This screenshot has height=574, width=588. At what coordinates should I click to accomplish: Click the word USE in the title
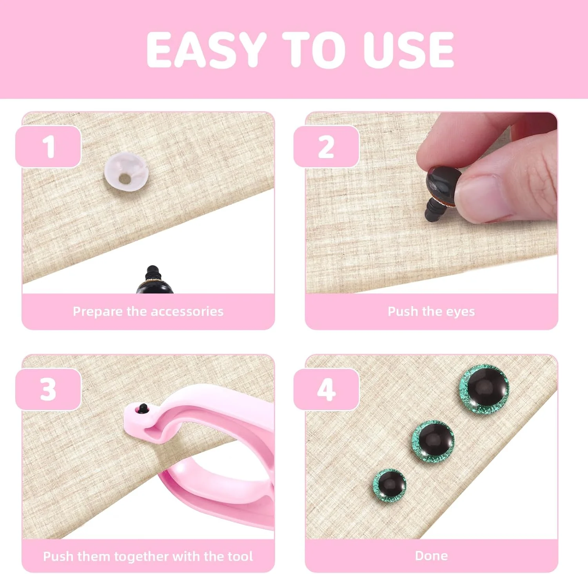[x=408, y=50]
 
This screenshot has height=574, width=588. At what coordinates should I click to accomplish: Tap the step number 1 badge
[x=48, y=147]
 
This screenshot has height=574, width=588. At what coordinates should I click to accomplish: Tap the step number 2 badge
[x=326, y=147]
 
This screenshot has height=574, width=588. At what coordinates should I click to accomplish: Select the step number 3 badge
[x=48, y=389]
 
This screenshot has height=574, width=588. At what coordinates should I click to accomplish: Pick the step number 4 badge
[x=326, y=389]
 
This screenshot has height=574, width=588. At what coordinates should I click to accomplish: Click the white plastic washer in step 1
[x=126, y=173]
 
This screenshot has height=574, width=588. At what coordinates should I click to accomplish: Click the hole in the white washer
[x=125, y=179]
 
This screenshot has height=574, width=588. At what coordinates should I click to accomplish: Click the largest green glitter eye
[x=484, y=389]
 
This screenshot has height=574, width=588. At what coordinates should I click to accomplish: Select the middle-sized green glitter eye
[x=433, y=441]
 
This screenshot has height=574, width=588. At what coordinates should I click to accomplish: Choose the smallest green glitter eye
[x=389, y=485]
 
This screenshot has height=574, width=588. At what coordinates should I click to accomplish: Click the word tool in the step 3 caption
[x=240, y=556]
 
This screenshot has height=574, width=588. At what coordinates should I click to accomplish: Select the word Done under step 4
[x=431, y=556]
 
